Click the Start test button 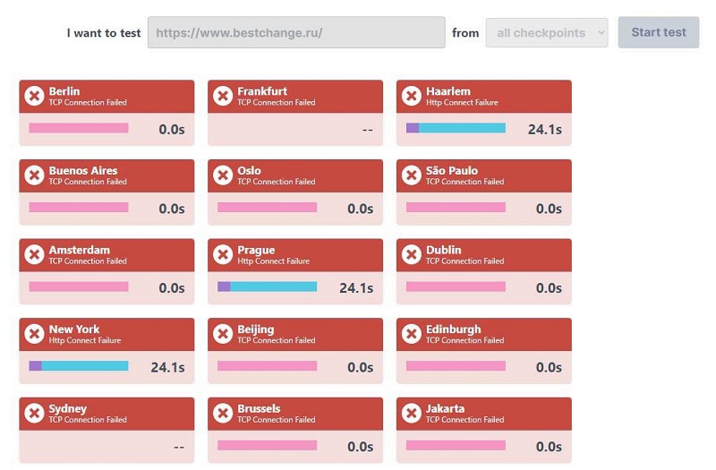[659, 32]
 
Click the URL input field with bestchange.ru [296, 32]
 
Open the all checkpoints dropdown [547, 33]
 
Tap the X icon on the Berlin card [34, 96]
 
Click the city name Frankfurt [262, 91]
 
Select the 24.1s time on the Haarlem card [545, 129]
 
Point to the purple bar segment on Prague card [224, 286]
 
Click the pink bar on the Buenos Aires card [79, 208]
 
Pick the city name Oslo [249, 170]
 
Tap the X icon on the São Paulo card [412, 175]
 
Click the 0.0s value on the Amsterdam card [172, 288]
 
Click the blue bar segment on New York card [85, 366]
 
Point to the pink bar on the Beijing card [267, 366]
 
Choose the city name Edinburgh [454, 329]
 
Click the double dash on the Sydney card [179, 447]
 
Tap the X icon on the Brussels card [223, 414]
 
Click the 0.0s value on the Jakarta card [549, 447]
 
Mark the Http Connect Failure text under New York [85, 340]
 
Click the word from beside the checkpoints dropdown [465, 33]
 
